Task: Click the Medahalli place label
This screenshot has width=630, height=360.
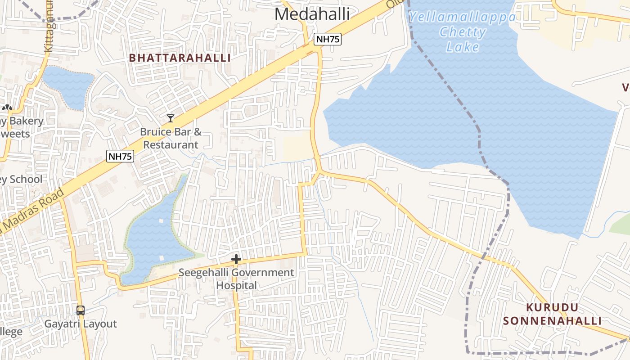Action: (312, 14)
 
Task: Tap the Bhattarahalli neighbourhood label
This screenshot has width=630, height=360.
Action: (180, 58)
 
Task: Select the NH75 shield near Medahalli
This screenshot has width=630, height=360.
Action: (328, 39)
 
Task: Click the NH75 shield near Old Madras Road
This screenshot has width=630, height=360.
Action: (120, 156)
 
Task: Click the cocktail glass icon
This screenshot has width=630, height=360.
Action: (170, 118)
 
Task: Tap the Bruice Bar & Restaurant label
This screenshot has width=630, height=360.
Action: (171, 138)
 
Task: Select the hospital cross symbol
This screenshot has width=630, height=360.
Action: (236, 259)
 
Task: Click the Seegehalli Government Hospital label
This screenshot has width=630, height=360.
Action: (236, 279)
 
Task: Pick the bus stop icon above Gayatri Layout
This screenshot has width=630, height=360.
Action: (81, 310)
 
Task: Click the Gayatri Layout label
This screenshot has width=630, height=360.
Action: (81, 324)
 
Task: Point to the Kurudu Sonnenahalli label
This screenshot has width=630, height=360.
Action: (552, 314)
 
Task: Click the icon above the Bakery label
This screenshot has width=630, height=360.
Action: (7, 108)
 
